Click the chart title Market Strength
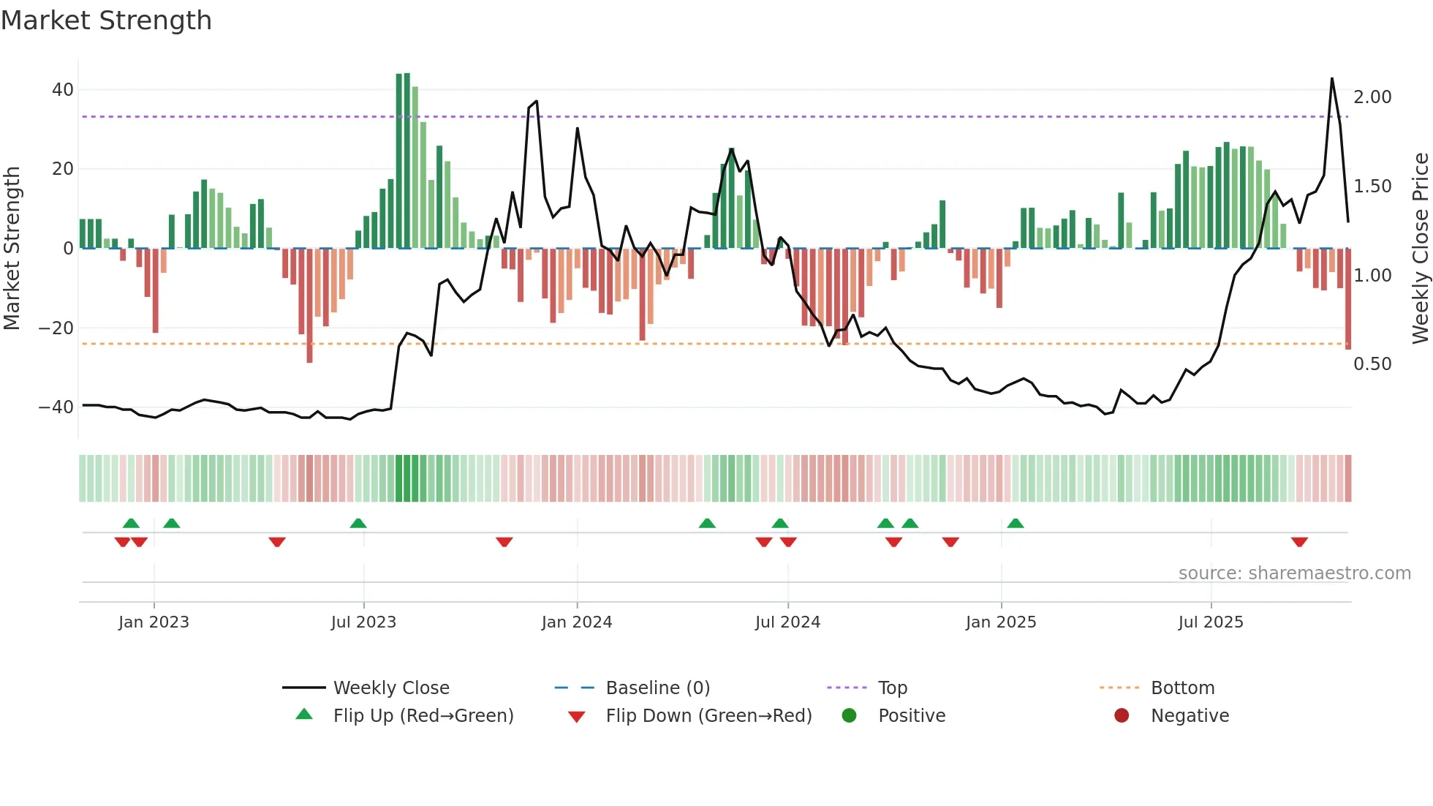[x=106, y=20]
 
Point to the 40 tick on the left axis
[x=63, y=90]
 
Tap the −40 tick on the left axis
[x=56, y=407]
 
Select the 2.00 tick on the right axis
[x=1372, y=97]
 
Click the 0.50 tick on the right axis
[x=1372, y=364]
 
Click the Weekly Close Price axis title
[x=1420, y=249]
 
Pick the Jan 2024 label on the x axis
[x=577, y=622]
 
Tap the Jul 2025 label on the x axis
[x=1211, y=622]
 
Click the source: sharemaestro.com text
[x=1294, y=573]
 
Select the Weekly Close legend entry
[x=391, y=688]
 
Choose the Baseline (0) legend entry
[x=657, y=688]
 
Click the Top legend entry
[x=892, y=688]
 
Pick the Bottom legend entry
[x=1182, y=688]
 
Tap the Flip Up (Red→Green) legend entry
[x=423, y=716]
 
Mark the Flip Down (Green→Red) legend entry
[x=708, y=716]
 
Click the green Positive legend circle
[x=849, y=716]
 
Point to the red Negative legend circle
[x=1122, y=716]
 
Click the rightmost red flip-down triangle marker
[x=1299, y=542]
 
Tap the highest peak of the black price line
[x=1332, y=79]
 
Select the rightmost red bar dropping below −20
[x=1348, y=300]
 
